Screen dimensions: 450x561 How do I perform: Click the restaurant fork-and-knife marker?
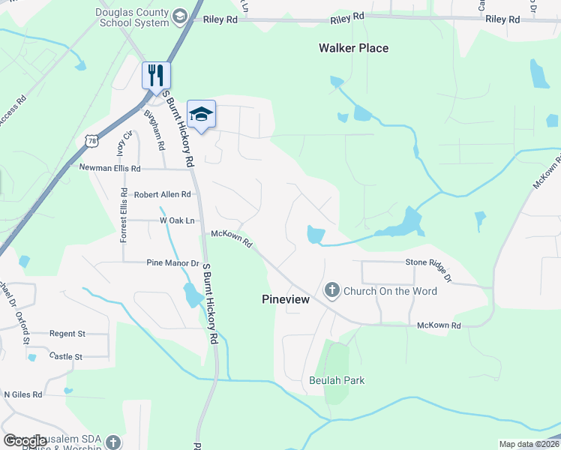[156, 75]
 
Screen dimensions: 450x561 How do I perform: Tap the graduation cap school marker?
[201, 114]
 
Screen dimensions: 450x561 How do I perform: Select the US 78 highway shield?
[91, 140]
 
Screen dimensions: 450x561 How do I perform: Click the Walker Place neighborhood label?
[353, 48]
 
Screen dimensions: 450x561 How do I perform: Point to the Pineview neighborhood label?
[286, 298]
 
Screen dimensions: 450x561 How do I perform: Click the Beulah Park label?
[337, 380]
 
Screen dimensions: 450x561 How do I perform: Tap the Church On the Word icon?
[331, 290]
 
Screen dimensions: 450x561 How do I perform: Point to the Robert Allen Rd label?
[163, 194]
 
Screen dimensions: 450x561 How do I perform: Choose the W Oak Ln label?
[177, 220]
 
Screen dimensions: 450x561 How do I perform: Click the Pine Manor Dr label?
[173, 263]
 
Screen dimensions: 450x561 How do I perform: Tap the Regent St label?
[67, 333]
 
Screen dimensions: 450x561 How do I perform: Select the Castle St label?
[65, 357]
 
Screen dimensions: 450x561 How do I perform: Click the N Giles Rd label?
[23, 393]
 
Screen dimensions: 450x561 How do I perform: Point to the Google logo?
[25, 441]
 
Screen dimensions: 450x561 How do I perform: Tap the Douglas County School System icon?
[179, 16]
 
